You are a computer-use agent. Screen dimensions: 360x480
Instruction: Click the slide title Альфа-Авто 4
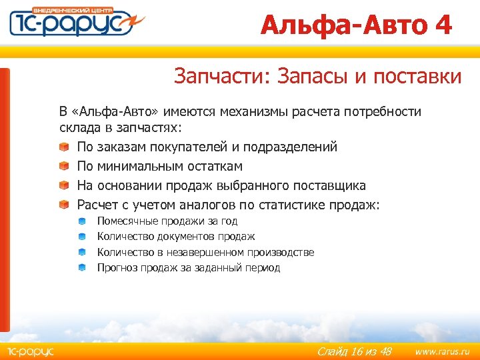pyautogui.click(x=356, y=25)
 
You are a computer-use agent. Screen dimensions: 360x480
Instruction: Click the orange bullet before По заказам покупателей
pyautogui.click(x=63, y=147)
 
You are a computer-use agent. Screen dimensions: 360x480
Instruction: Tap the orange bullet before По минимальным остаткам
pyautogui.click(x=63, y=166)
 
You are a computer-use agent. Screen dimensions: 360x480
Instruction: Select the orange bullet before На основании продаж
pyautogui.click(x=63, y=185)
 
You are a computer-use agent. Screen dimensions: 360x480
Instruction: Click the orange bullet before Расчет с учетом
pyautogui.click(x=63, y=205)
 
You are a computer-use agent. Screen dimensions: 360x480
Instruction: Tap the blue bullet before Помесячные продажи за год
pyautogui.click(x=81, y=221)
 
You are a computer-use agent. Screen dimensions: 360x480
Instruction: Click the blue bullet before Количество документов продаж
pyautogui.click(x=81, y=236)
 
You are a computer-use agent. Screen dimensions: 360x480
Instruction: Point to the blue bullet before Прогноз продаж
pyautogui.click(x=81, y=267)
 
